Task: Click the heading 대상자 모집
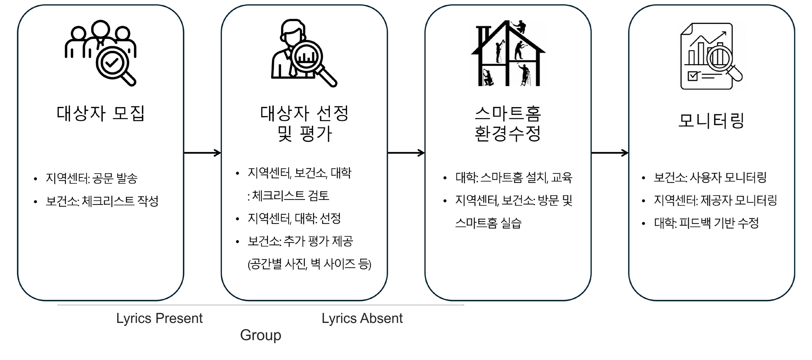100,114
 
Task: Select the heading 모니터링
711,120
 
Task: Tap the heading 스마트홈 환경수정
508,124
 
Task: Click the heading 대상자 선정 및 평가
304,124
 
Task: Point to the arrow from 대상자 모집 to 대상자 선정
202,153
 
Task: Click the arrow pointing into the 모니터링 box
610,153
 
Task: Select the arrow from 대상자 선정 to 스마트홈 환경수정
406,153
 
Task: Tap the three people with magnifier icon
101,53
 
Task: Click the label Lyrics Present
159,318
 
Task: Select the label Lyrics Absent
362,318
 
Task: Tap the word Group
260,335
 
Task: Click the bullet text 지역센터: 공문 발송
92,178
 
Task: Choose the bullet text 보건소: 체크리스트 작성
102,201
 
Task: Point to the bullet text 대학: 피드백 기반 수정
706,223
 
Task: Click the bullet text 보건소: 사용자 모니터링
710,177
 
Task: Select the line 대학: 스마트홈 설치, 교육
514,177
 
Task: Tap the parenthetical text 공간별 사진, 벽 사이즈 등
309,264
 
